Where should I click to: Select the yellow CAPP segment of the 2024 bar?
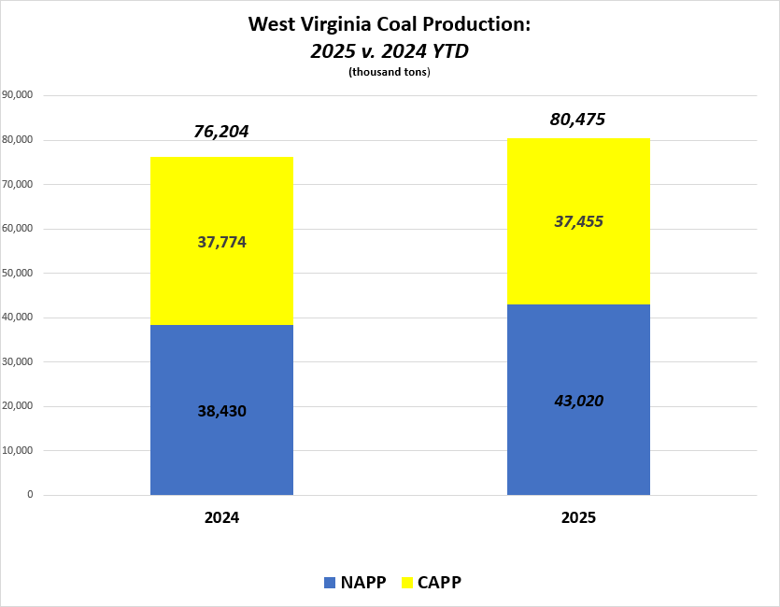(x=221, y=280)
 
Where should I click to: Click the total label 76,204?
(x=221, y=132)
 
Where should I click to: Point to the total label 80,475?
(x=578, y=120)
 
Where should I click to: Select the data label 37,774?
(x=221, y=243)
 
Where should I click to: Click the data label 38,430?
(x=221, y=410)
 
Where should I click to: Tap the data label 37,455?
(x=578, y=221)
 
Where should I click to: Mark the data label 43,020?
(x=578, y=402)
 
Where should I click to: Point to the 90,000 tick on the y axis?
(x=19, y=95)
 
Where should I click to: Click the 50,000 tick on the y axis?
(x=19, y=273)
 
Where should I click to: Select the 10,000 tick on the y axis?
(x=19, y=450)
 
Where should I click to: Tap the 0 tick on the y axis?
(x=31, y=495)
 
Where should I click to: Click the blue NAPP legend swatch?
(x=330, y=583)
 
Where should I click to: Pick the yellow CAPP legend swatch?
(x=407, y=583)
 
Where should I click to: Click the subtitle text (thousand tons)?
(x=389, y=73)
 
